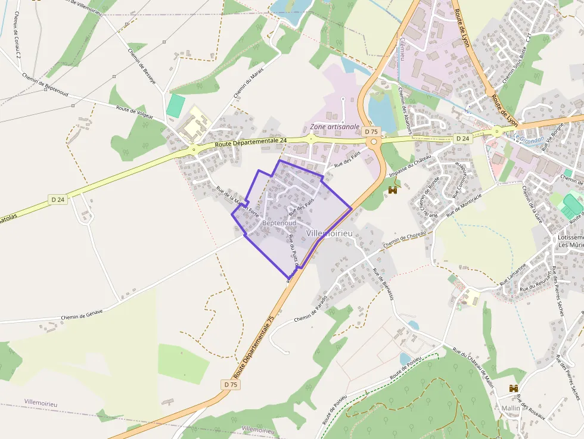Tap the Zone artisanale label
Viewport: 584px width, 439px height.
335,127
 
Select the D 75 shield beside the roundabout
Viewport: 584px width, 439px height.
371,132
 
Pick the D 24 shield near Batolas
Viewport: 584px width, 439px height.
58,200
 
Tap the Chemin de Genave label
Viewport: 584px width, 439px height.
82,313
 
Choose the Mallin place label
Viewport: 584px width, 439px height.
511,408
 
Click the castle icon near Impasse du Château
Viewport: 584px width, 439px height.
393,190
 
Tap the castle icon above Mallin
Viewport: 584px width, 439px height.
514,388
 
